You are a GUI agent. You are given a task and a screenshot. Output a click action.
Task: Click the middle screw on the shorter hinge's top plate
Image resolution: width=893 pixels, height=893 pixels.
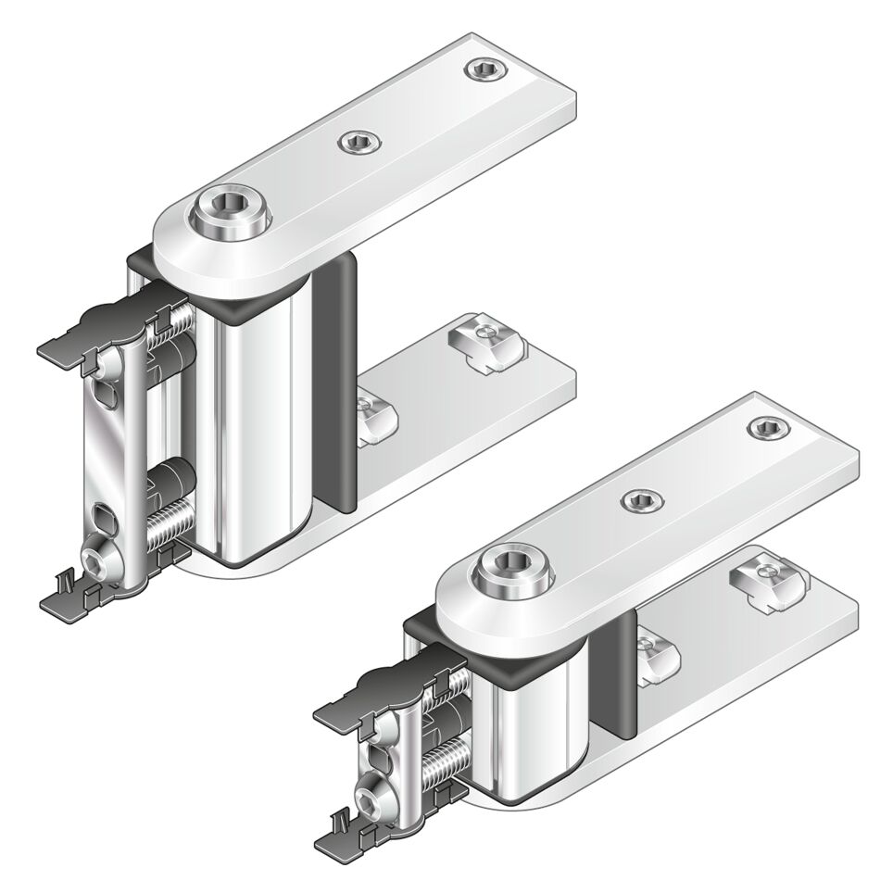639,501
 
